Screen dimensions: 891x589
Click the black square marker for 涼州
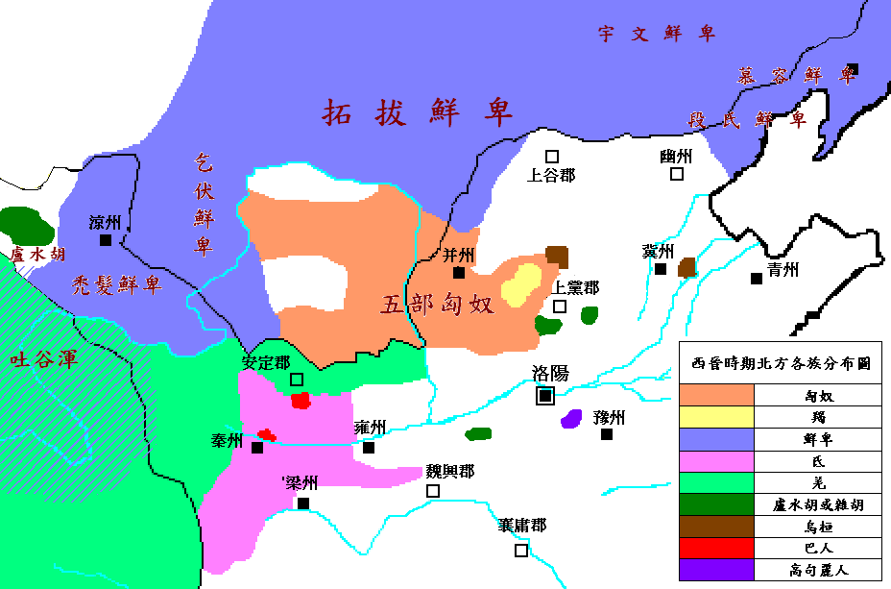[106, 240]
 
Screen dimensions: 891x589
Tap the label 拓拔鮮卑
[418, 112]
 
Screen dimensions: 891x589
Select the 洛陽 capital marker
[545, 394]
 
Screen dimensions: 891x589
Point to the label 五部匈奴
[437, 305]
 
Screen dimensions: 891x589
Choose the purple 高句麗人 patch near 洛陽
[571, 418]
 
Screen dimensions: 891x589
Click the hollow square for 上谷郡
[552, 156]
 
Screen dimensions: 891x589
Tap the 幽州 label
[677, 156]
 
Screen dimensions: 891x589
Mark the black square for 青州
[757, 279]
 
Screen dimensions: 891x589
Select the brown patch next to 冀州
[686, 267]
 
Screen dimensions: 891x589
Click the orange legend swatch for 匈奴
[717, 394]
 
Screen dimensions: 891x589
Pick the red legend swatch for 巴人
[717, 548]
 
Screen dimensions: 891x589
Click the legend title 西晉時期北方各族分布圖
[781, 364]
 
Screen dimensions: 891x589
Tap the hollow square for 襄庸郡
[521, 551]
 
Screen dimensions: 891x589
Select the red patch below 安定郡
[301, 400]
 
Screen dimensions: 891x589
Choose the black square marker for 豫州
[607, 434]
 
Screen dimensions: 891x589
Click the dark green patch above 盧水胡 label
[27, 226]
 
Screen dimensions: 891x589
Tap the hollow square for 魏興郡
[433, 490]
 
